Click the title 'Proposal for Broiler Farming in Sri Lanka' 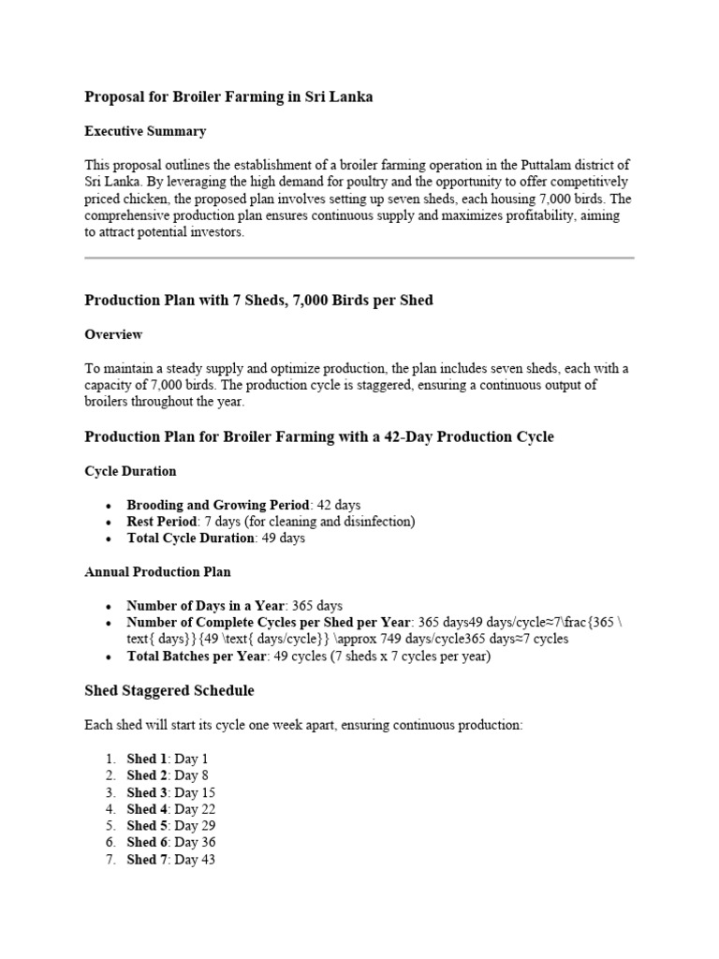pos(228,97)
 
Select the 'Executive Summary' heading pos(145,131)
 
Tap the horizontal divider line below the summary pos(359,258)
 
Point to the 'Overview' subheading pos(113,334)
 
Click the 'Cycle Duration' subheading pos(130,471)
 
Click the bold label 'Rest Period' pos(162,522)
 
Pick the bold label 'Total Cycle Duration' pos(190,539)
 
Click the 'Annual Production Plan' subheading pos(157,571)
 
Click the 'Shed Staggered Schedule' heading pos(169,691)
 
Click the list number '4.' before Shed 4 pos(110,809)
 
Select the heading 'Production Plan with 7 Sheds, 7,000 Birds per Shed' pos(259,301)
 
